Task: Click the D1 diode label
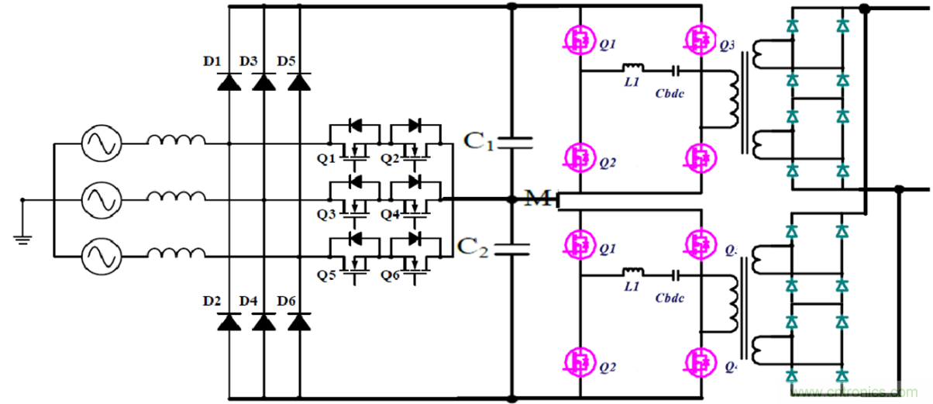(x=212, y=61)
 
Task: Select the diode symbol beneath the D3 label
(x=264, y=81)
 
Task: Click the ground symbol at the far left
(x=23, y=237)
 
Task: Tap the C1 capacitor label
(x=477, y=141)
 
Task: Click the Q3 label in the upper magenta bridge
(x=727, y=45)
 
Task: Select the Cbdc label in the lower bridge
(x=669, y=297)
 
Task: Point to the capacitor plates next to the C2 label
(x=511, y=249)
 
